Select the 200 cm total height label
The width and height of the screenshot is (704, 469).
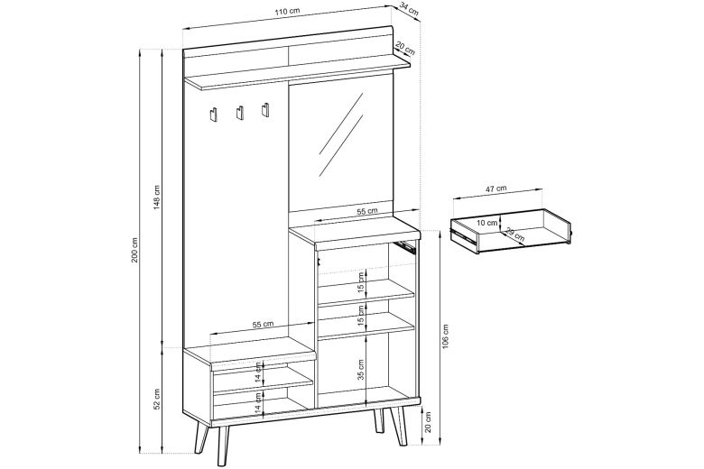coord(134,250)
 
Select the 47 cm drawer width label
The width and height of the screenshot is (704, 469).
coord(496,189)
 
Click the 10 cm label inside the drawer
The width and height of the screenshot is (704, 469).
coord(487,221)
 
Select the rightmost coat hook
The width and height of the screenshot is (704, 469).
coord(265,109)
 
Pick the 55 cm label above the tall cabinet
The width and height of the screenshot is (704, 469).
coord(366,210)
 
